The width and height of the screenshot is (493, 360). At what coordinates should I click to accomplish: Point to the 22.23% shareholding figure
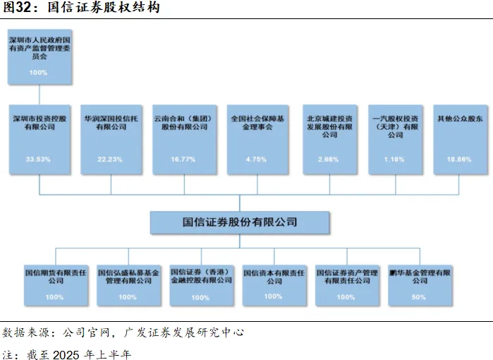pyautogui.click(x=111, y=160)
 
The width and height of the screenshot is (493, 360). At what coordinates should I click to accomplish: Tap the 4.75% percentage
pyautogui.click(x=256, y=160)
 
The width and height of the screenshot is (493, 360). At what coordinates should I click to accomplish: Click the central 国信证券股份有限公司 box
pyautogui.click(x=240, y=222)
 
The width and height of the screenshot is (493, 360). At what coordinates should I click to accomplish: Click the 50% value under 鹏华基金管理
pyautogui.click(x=419, y=297)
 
